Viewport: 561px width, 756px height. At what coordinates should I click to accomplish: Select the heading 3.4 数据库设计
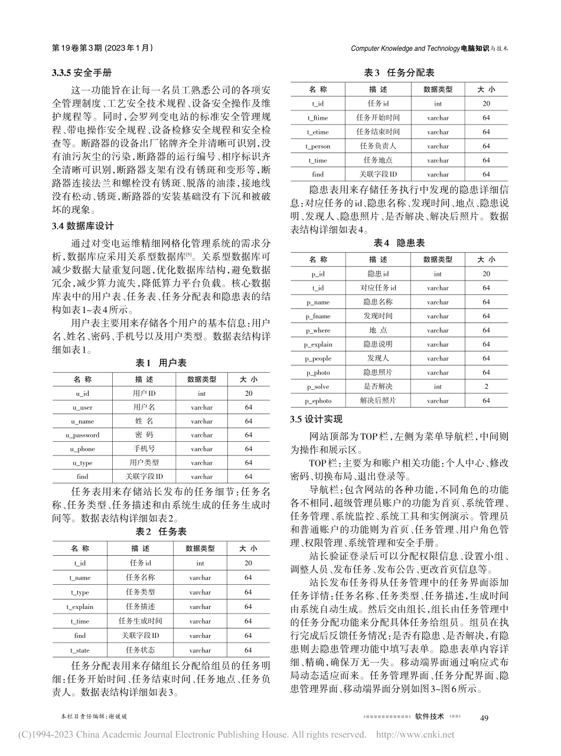(82, 226)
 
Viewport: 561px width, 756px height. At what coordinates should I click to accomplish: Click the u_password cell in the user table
(83, 435)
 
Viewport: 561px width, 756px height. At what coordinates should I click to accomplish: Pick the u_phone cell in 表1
(83, 449)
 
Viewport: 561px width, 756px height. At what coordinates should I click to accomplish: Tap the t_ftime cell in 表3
(318, 118)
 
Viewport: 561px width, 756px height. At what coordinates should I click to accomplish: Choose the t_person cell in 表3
(318, 146)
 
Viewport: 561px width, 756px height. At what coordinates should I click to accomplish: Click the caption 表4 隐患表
(399, 243)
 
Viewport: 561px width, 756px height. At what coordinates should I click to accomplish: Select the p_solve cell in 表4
(318, 387)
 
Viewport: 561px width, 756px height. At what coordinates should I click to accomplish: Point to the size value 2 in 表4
(486, 387)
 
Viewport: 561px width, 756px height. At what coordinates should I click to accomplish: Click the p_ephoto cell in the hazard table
(318, 401)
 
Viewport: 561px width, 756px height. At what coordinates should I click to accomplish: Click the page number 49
(485, 717)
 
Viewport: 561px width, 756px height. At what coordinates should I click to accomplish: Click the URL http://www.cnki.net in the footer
(415, 735)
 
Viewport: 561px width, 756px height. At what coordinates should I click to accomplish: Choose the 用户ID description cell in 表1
(142, 393)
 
